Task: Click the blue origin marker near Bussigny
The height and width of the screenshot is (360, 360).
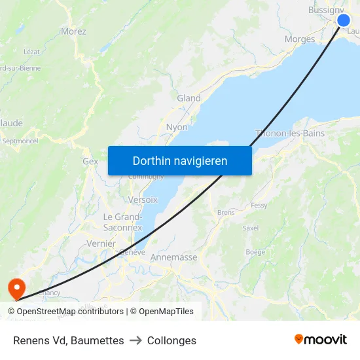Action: (344, 20)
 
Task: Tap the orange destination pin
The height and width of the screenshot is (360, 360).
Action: (14, 287)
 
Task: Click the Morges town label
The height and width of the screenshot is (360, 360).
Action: (300, 39)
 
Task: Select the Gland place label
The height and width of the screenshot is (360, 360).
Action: (189, 98)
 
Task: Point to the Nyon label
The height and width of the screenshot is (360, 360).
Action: (177, 127)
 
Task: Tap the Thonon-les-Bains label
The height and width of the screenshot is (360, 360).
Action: (290, 134)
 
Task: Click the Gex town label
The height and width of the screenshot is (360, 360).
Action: (90, 161)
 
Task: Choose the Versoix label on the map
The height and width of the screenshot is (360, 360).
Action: (143, 199)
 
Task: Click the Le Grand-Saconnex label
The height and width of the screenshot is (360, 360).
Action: (122, 222)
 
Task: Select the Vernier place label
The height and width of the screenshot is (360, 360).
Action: (101, 243)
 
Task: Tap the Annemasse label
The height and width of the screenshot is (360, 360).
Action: (173, 257)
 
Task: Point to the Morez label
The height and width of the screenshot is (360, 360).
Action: (73, 31)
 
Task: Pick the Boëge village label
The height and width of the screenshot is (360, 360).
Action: (255, 252)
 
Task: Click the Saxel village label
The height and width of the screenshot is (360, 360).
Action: (251, 228)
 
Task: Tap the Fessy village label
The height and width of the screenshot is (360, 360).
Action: (259, 205)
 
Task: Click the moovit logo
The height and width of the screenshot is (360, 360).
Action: (321, 339)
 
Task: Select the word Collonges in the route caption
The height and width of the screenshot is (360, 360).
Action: (171, 340)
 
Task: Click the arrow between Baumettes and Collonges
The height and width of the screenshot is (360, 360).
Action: (135, 340)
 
